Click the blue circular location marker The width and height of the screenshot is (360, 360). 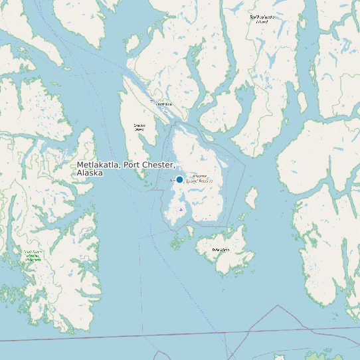click(x=179, y=179)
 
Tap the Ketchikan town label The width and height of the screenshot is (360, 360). click(x=163, y=104)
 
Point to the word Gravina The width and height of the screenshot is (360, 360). click(x=139, y=125)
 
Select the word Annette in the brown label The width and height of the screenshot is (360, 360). click(x=199, y=176)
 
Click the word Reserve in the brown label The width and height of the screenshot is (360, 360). click(x=206, y=181)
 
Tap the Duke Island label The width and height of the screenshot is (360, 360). click(x=221, y=249)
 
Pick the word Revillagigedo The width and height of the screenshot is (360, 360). click(x=262, y=16)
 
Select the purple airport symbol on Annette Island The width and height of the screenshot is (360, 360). click(x=181, y=209)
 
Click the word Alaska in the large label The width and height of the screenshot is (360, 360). click(x=90, y=173)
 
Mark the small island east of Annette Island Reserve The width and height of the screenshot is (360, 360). click(x=252, y=197)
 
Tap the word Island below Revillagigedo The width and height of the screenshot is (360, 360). click(x=262, y=21)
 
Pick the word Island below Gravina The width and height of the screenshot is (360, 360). click(x=139, y=130)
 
